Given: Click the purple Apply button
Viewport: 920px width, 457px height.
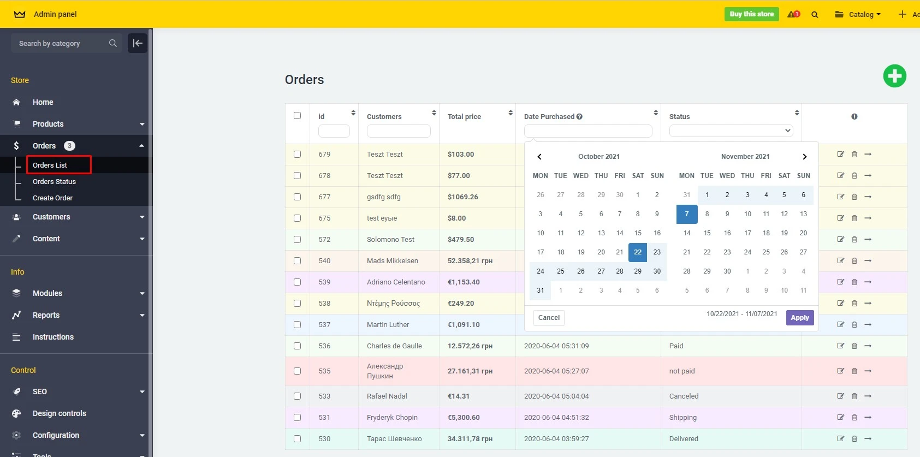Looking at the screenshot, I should pos(799,318).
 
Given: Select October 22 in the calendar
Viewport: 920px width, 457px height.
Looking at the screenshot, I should pos(637,252).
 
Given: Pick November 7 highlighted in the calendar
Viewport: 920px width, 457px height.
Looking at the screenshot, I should pos(686,214).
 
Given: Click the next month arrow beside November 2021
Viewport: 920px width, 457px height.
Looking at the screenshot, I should pos(804,157).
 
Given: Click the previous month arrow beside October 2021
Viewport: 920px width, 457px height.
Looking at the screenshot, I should pos(539,157).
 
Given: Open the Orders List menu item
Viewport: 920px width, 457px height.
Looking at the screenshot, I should pos(50,165).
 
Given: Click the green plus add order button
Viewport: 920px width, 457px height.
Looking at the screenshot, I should pos(894,76).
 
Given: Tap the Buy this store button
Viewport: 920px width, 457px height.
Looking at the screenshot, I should pos(751,14).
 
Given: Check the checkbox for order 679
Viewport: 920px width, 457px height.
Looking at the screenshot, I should pos(297,155).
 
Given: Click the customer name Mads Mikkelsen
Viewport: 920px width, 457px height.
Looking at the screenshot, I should pos(392,261).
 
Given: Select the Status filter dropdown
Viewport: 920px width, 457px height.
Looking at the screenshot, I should pos(731,130).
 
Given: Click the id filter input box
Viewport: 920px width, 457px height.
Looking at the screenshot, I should pos(334,131).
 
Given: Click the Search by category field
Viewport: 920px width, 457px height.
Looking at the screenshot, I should pos(60,44).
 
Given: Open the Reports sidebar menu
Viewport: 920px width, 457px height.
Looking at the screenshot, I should pos(46,315).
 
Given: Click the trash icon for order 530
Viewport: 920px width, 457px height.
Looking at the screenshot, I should pos(854,438).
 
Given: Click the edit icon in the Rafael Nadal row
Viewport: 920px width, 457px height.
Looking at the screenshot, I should pos(840,396).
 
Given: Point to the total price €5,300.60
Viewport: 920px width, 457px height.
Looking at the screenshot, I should pos(464,418).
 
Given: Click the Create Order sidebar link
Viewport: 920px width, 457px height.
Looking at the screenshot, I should pos(52,198).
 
